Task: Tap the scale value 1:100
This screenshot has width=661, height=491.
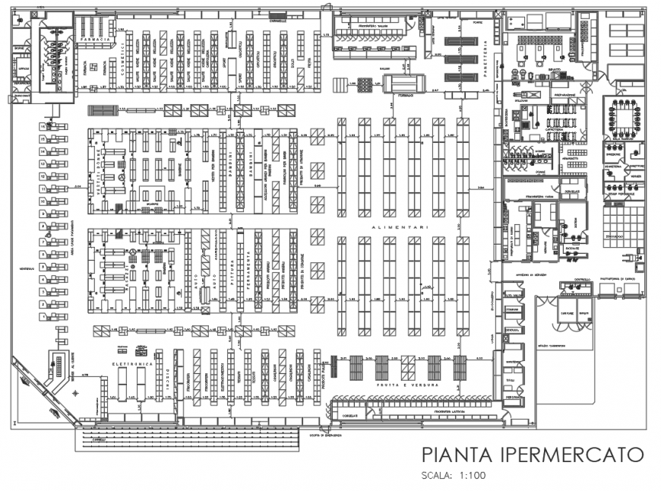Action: coord(472,476)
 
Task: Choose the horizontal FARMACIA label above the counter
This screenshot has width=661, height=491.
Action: coord(97,38)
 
